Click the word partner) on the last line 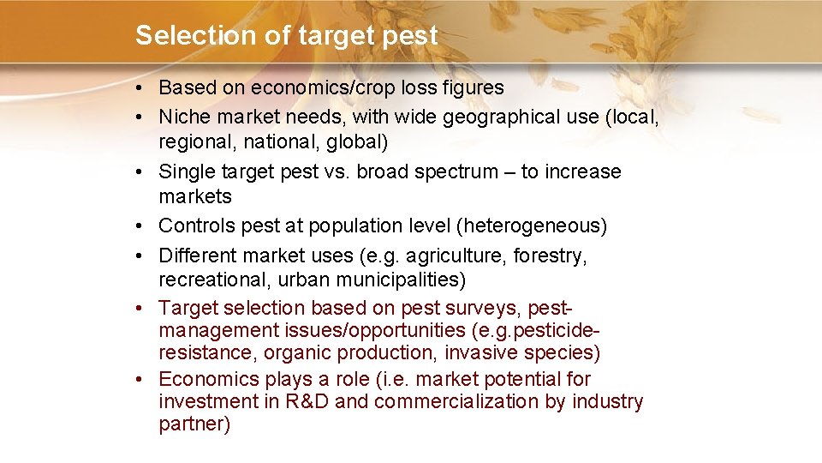pyautogui.click(x=194, y=424)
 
